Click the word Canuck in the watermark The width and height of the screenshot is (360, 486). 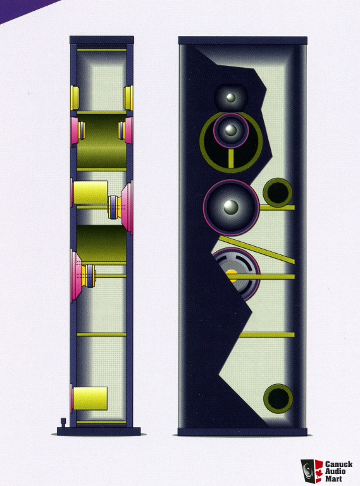338,464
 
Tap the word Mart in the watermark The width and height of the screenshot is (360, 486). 333,478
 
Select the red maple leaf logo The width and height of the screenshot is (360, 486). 319,471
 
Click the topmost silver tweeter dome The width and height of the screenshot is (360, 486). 231,97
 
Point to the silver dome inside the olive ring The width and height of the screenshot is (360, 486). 231,130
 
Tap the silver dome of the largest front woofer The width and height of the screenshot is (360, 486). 231,207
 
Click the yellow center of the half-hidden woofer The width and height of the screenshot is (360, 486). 232,275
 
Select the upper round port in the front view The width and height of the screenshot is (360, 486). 278,192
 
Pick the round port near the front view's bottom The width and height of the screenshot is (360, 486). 278,398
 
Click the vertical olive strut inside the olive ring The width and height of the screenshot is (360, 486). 231,158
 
